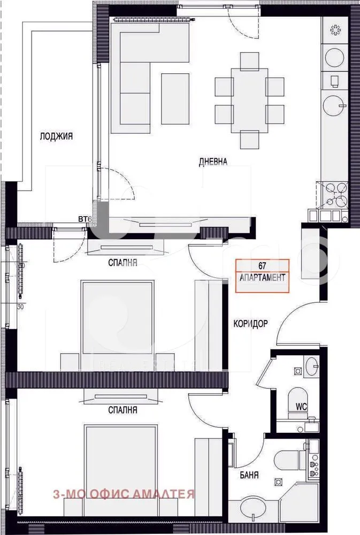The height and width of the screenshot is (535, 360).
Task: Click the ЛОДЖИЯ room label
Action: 56,136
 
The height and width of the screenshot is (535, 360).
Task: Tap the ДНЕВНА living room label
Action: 213,161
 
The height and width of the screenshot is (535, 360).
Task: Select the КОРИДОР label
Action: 250,324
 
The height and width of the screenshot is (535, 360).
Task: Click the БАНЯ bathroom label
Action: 249,474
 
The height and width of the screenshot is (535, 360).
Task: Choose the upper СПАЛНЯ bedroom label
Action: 123,263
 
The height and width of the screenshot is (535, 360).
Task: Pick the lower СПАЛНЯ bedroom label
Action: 122,410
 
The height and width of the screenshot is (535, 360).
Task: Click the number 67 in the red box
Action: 262,265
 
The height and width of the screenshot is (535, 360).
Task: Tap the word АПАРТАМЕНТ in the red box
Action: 262,278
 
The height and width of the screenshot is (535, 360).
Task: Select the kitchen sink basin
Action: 335,105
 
